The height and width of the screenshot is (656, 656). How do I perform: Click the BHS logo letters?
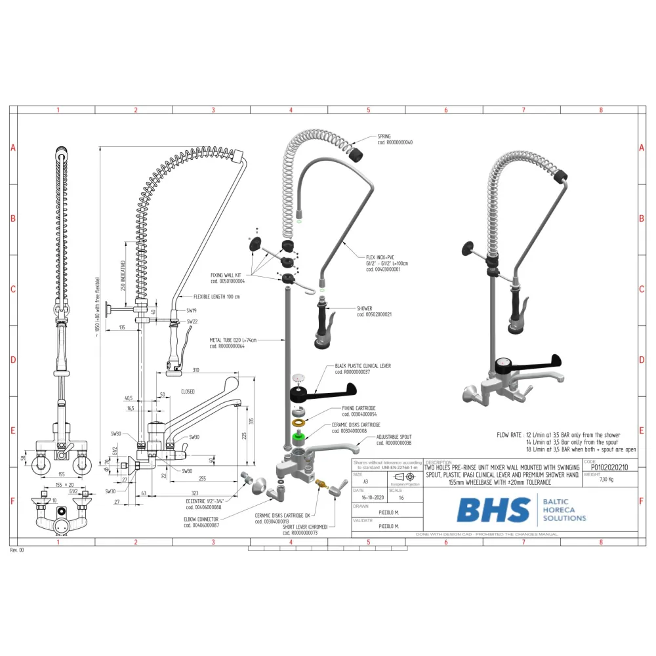[493, 510]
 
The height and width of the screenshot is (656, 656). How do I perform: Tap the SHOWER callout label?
[365, 308]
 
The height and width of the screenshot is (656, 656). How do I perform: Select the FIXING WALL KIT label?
[226, 276]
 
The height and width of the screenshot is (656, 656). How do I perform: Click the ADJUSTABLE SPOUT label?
[394, 437]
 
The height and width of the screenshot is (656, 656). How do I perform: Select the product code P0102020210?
[609, 468]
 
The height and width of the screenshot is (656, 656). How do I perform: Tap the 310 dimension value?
[196, 370]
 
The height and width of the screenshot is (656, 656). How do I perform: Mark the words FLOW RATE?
[509, 435]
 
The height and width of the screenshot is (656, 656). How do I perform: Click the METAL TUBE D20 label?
[233, 340]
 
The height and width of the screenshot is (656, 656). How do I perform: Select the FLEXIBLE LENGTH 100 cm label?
[216, 297]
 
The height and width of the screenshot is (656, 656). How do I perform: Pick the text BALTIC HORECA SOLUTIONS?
[565, 510]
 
